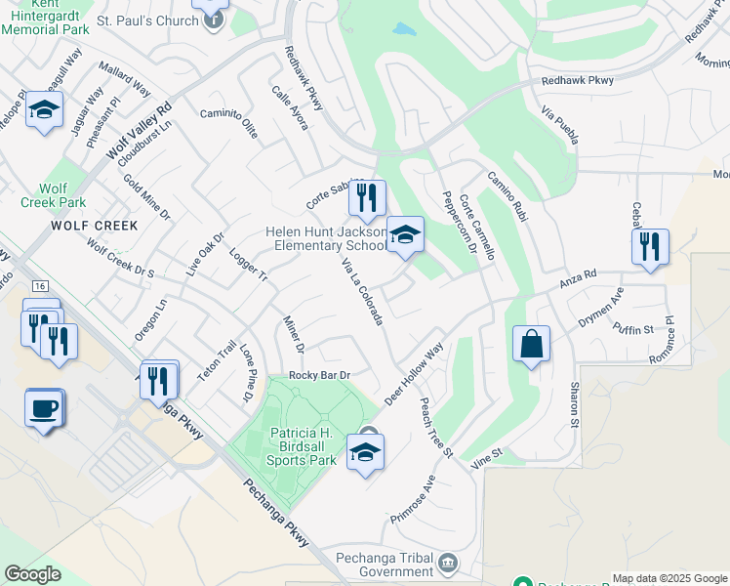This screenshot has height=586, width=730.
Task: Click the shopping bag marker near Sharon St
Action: point(531,345)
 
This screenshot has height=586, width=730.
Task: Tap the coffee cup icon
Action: point(44,406)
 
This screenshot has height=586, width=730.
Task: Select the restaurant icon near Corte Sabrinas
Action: point(366,199)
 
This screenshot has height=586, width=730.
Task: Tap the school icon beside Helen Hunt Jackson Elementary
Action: point(405,236)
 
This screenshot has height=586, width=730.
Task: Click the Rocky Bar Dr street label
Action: point(319,375)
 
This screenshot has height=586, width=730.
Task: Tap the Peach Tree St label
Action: point(436,427)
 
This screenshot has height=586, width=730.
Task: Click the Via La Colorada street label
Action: point(362,292)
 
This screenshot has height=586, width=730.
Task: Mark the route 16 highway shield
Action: point(39,286)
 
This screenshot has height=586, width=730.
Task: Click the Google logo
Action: point(32,574)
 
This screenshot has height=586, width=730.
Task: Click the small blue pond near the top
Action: point(405,29)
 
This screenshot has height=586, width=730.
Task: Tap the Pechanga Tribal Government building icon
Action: point(448,562)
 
